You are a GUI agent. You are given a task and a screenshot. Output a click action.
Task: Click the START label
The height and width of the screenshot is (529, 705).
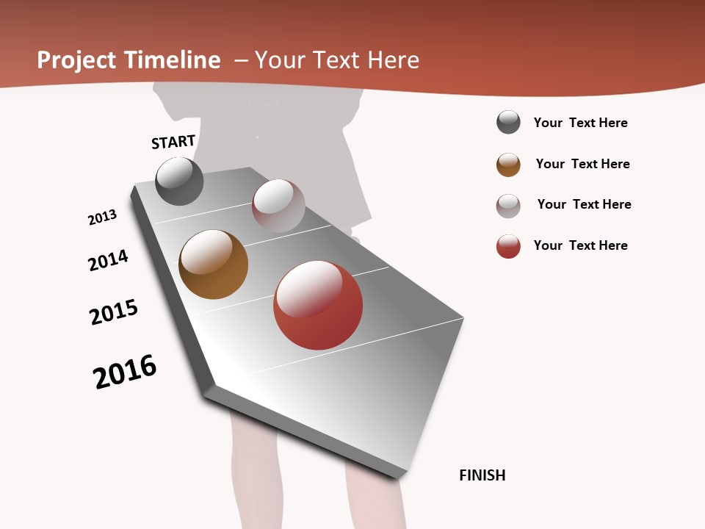173,142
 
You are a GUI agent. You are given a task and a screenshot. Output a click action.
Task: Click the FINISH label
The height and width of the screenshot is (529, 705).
482,475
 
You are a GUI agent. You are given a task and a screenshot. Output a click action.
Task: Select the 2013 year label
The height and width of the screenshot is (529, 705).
103,217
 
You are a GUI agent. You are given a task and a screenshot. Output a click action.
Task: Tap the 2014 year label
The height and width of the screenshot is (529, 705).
109,260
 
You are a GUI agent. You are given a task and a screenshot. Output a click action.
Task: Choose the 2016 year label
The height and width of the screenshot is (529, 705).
125,372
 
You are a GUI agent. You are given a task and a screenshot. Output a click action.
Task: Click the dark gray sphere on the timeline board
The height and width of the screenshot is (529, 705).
179,181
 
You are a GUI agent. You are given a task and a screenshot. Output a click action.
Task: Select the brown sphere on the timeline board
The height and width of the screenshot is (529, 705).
213,264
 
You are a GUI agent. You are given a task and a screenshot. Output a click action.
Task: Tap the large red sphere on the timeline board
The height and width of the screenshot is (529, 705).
318,305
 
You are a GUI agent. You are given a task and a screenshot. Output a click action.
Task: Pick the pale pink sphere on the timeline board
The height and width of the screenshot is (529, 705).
278,205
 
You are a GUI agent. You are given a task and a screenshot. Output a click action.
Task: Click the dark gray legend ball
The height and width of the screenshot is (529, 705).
508,122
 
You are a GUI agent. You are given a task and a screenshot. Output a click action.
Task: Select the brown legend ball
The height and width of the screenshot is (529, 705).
508,165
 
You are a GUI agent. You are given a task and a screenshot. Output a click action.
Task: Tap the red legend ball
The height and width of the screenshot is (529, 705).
508,246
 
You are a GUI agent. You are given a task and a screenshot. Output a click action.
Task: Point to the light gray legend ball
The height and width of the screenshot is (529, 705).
508,205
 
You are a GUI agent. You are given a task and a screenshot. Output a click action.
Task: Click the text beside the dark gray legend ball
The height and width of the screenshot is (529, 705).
580,123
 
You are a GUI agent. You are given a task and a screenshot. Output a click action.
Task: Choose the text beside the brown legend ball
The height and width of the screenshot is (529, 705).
582,164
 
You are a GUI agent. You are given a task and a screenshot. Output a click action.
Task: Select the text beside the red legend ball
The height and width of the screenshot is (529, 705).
580,245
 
